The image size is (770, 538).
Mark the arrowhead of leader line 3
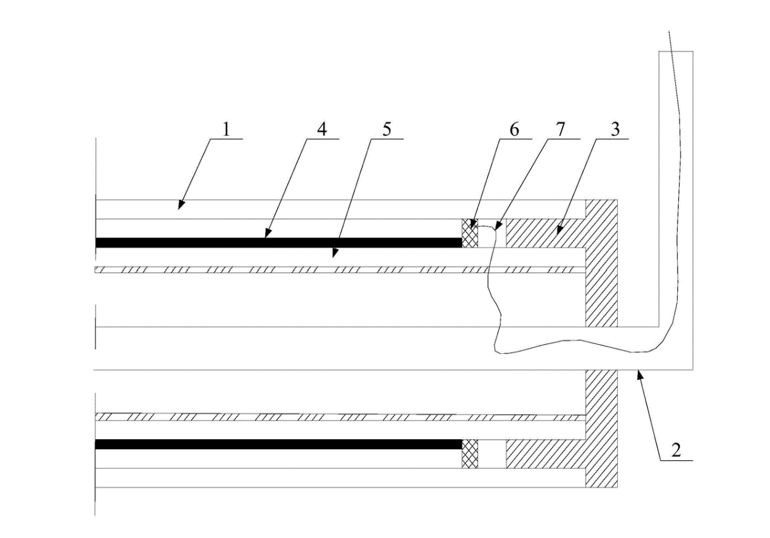(556, 230)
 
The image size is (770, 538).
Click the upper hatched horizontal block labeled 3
(545, 232)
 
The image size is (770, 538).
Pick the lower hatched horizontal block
(545, 454)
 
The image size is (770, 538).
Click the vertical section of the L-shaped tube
(676, 193)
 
